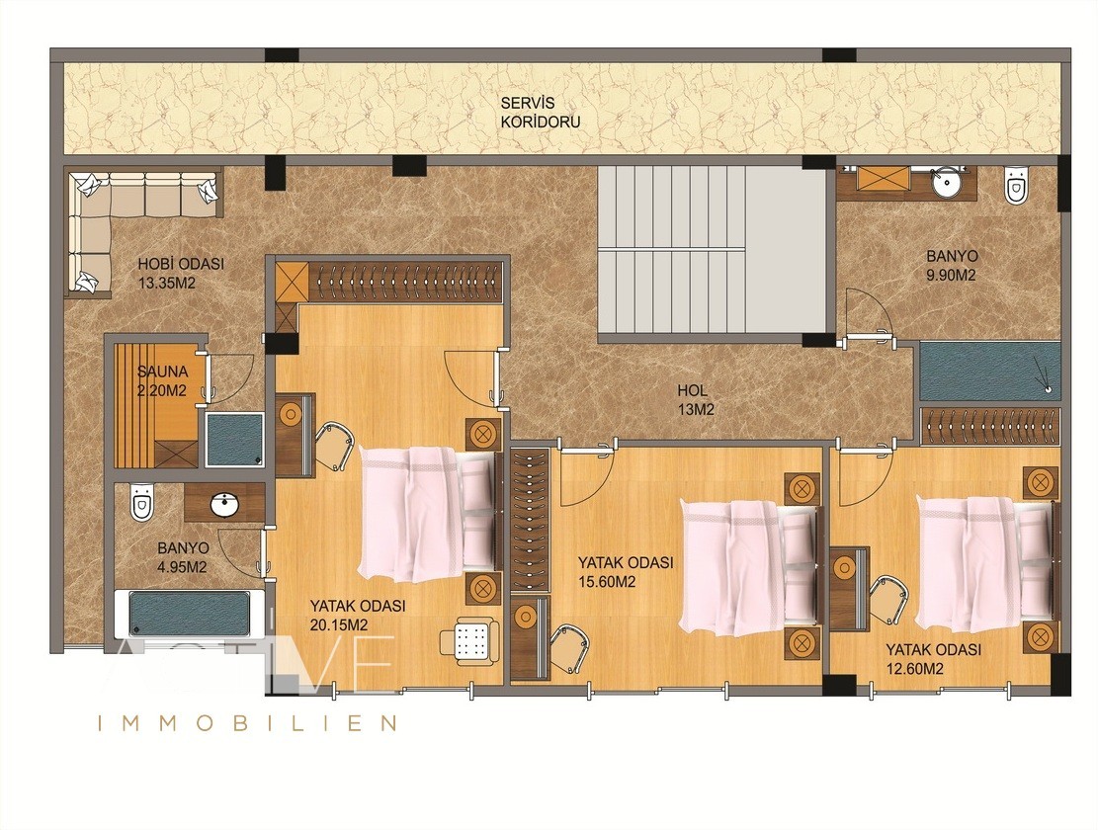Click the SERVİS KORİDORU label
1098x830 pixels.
click(x=540, y=112)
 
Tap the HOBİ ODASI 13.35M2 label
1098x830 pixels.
click(x=181, y=273)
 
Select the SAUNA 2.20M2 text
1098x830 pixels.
click(x=162, y=380)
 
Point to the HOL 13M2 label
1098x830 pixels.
click(x=696, y=400)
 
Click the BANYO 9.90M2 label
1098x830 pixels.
click(x=952, y=265)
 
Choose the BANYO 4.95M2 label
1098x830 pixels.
click(x=183, y=557)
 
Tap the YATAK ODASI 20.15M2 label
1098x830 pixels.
click(x=358, y=615)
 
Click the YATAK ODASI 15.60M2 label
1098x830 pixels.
click(x=626, y=571)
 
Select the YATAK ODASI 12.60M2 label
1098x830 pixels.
click(x=933, y=658)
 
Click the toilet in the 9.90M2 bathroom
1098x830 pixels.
click(x=1015, y=184)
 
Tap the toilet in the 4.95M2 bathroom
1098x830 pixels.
click(x=141, y=502)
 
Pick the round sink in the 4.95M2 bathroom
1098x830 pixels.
click(x=224, y=503)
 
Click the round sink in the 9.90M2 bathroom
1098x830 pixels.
click(x=945, y=184)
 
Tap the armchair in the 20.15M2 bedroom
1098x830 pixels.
click(x=469, y=639)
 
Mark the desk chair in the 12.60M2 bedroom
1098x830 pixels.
click(x=887, y=599)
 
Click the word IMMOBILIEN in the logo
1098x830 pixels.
click(x=247, y=723)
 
